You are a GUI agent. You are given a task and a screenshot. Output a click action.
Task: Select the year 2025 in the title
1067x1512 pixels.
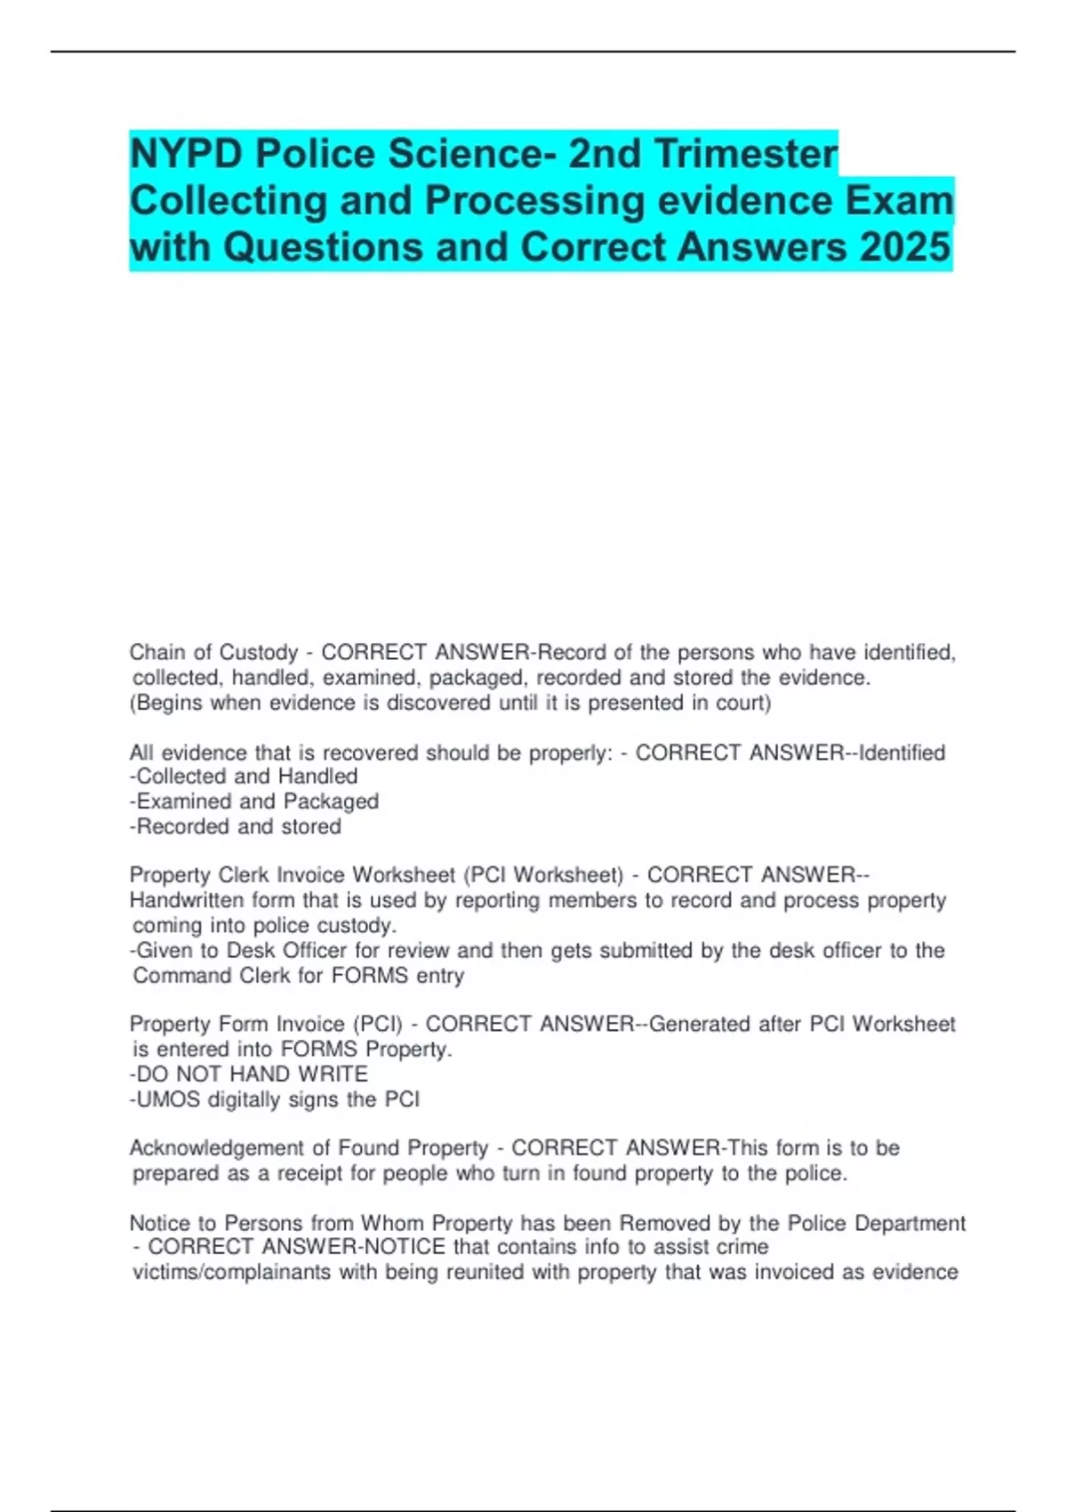click(x=905, y=247)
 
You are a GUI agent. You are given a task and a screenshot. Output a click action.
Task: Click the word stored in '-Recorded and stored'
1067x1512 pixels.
click(x=310, y=826)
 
